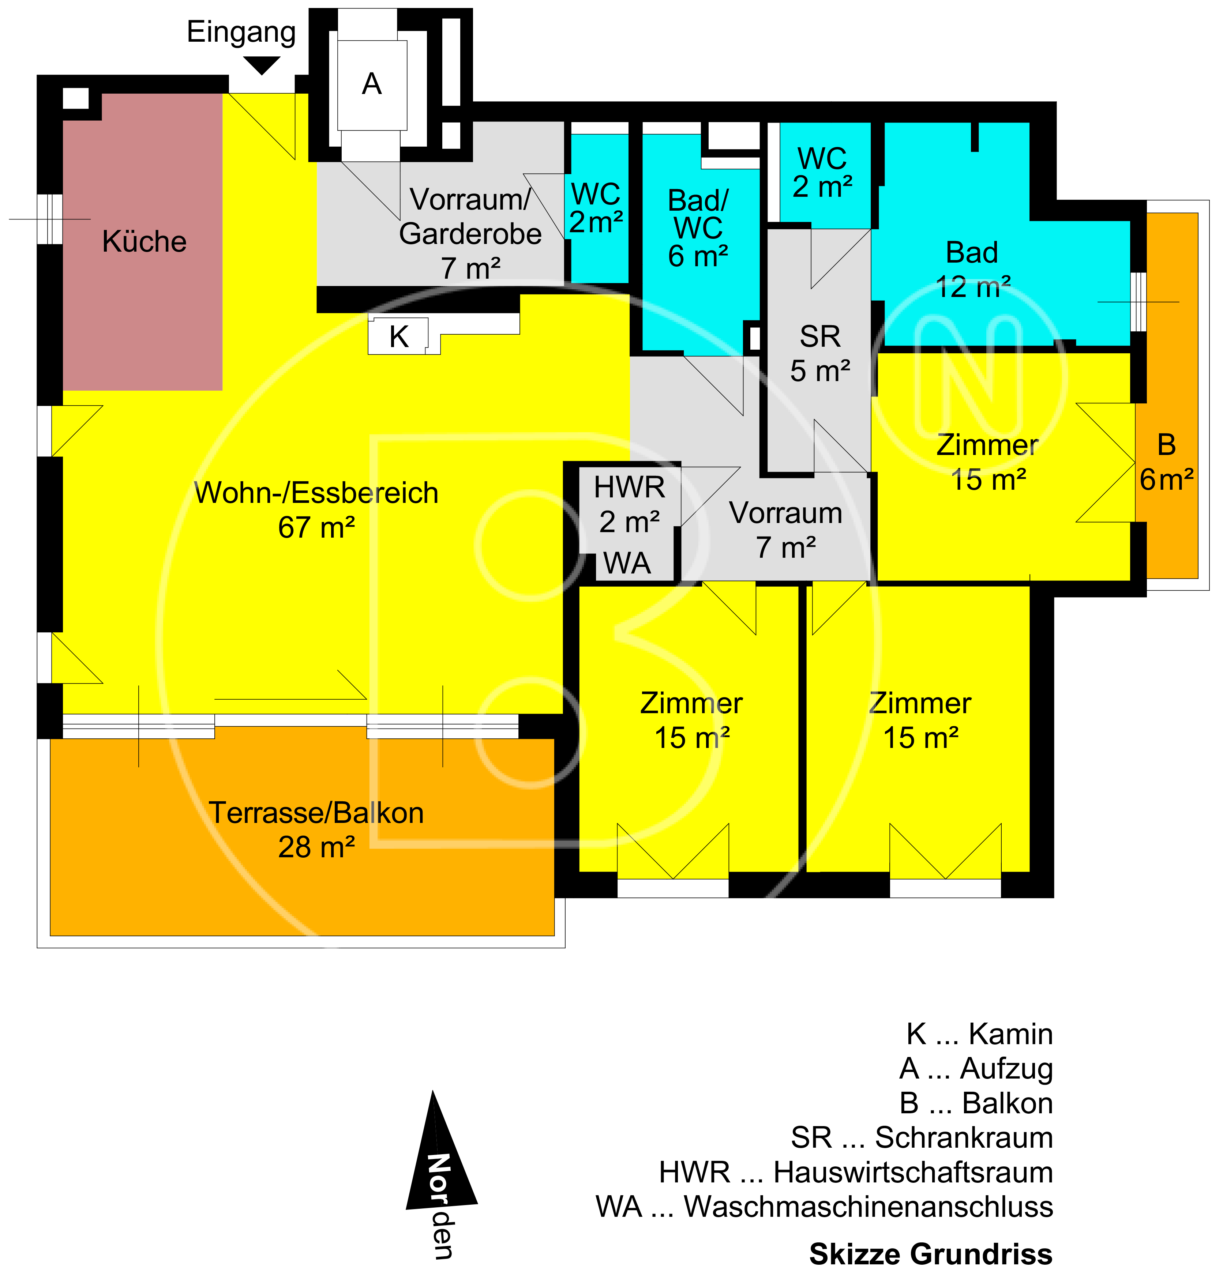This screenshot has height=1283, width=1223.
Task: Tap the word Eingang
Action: (x=241, y=32)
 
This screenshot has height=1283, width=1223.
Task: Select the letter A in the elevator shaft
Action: (x=372, y=84)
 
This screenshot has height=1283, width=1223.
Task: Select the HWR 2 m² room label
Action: (x=629, y=504)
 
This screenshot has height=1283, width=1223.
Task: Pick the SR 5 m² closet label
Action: (x=820, y=354)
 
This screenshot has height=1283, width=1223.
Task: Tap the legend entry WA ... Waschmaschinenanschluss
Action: (x=824, y=1207)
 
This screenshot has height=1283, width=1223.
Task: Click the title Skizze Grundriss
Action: (x=931, y=1254)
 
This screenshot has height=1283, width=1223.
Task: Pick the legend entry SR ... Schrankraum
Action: (x=922, y=1138)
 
